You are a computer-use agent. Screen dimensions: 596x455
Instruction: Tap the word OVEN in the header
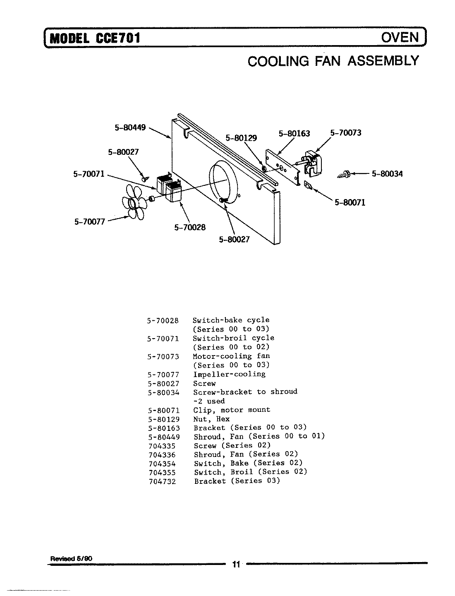[x=400, y=37]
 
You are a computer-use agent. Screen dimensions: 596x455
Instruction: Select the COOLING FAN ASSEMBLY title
[x=333, y=61]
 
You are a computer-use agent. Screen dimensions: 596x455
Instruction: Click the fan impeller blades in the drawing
[x=133, y=202]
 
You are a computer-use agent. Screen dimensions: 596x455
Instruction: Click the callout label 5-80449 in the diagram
[x=130, y=128]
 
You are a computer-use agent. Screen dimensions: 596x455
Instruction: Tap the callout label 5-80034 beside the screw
[x=387, y=174]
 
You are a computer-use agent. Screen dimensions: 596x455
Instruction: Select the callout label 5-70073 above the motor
[x=346, y=133]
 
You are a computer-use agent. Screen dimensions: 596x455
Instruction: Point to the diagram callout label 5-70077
[x=90, y=221]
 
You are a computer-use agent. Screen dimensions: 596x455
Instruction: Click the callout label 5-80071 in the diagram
[x=350, y=203]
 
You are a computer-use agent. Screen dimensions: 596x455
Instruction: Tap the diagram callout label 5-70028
[x=190, y=227]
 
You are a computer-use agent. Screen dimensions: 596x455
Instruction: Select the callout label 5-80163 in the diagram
[x=294, y=134]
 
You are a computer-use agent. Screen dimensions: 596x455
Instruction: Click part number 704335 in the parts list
[x=162, y=446]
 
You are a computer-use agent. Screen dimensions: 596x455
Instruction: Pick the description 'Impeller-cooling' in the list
[x=229, y=374]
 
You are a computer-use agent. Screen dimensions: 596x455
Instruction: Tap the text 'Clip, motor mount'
[x=232, y=410]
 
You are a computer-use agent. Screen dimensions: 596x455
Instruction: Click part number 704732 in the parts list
[x=162, y=481]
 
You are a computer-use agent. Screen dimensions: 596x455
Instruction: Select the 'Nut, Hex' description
[x=211, y=419]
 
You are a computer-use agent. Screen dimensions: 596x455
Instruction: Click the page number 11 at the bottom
[x=236, y=564]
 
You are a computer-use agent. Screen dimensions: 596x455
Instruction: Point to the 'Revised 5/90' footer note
[x=71, y=558]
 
